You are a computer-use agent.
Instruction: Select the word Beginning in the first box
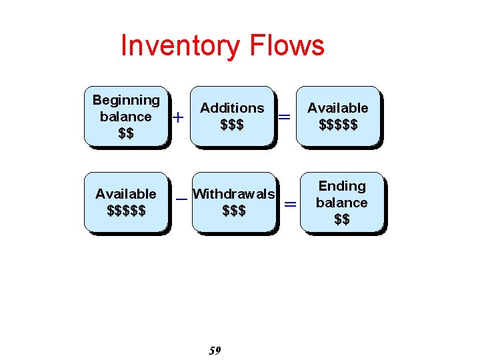(126, 100)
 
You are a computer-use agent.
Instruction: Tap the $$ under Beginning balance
(126, 133)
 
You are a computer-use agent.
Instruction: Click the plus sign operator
(178, 117)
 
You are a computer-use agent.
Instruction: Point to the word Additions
(232, 108)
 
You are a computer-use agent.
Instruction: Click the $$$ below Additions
(232, 125)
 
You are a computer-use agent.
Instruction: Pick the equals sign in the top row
(284, 117)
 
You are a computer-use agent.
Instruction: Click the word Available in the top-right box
(337, 108)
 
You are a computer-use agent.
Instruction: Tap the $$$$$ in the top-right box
(338, 125)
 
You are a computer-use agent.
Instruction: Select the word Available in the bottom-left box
(126, 194)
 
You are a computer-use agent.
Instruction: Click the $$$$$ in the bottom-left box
(126, 211)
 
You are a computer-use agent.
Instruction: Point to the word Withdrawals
(233, 195)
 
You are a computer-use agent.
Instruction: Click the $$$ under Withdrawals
(234, 211)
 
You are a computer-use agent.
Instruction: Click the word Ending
(342, 186)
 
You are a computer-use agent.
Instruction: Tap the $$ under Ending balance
(342, 219)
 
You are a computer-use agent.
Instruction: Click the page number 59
(215, 351)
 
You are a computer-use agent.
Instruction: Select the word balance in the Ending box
(342, 203)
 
